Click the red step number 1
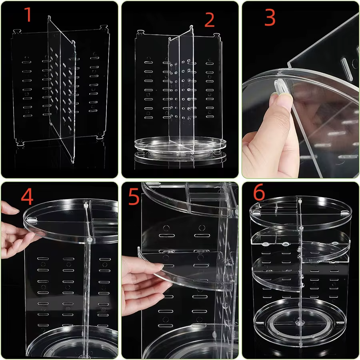point(27,15)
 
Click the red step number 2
point(210,20)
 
